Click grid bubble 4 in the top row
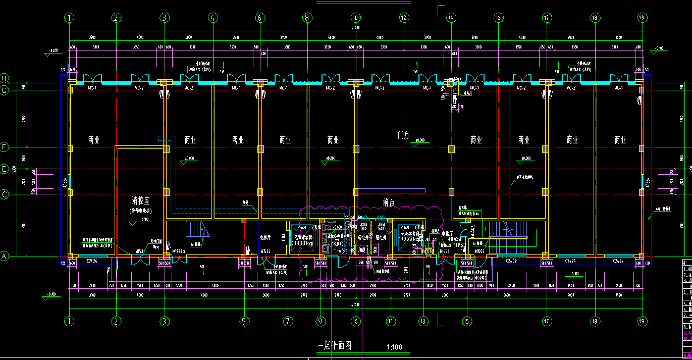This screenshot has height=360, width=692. pos(212,18)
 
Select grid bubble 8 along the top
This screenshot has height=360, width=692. pos(307,18)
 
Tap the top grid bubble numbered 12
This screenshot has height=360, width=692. pos(403,18)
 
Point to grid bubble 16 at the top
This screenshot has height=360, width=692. pos(498,18)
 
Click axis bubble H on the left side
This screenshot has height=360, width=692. pos(5,78)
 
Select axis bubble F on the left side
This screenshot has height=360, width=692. pos(5,147)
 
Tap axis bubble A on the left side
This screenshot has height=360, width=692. pos(5,256)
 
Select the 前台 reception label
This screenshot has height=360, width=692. pos(388,203)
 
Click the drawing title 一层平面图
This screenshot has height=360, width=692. pos(334,346)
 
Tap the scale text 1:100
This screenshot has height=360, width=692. pos(394,347)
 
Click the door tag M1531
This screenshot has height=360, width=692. pos(140,251)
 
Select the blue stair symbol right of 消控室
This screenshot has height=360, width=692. pos(194,230)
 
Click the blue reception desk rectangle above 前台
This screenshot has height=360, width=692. pos(389,191)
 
